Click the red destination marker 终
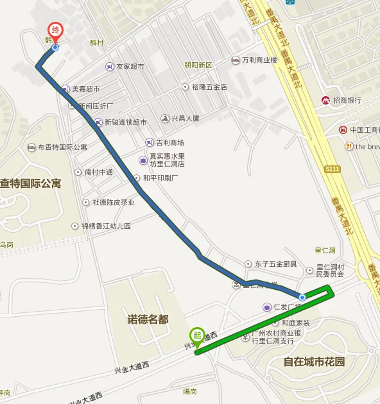tap(56, 31)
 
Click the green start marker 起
tap(196, 335)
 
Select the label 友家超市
tap(129, 67)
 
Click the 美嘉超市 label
tap(85, 89)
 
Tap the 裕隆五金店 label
tap(209, 87)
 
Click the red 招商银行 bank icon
tap(326, 100)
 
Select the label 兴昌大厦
tap(185, 118)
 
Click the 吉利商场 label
tap(169, 142)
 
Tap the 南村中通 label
tap(99, 172)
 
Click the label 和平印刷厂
tap(160, 178)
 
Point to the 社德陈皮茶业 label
tap(113, 202)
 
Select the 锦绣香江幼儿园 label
tap(105, 226)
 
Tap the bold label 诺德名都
tap(148, 319)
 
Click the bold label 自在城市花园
tap(314, 362)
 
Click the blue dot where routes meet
tap(302, 298)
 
